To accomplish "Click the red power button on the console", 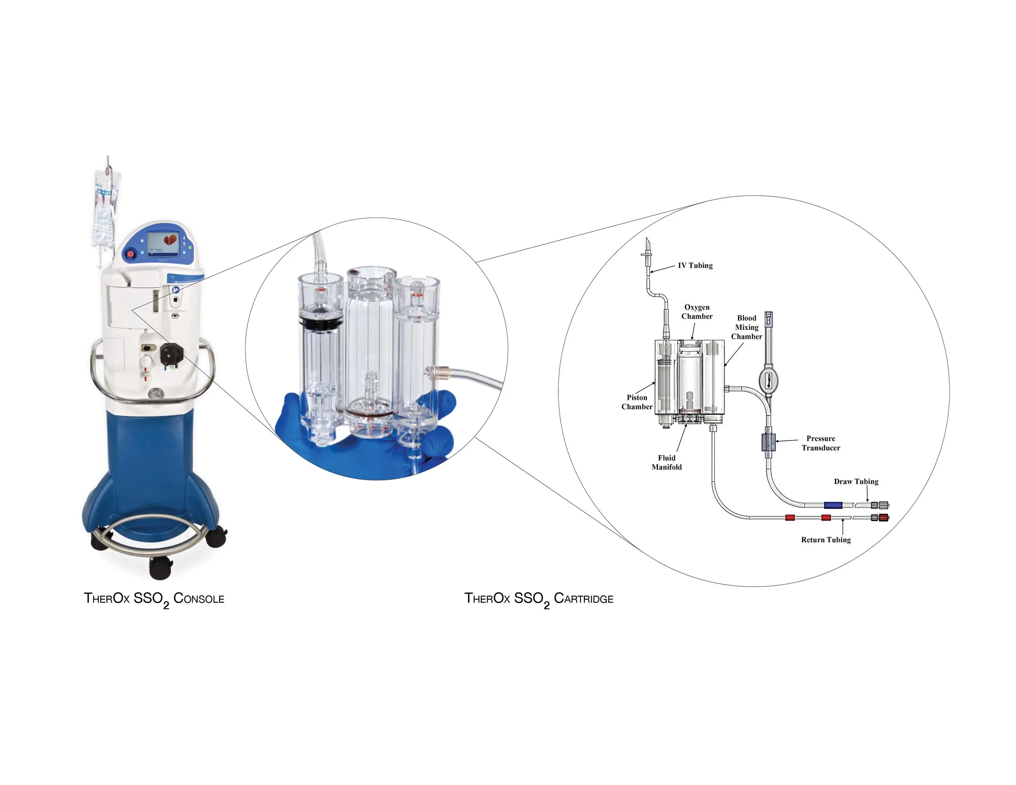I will tap(131, 254).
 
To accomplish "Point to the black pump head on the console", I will tap(170, 355).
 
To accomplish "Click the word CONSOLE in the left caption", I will tap(199, 599).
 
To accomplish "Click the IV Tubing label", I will tap(695, 266).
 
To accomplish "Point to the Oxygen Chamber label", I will tap(697, 312).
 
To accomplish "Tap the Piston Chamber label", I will tap(637, 402).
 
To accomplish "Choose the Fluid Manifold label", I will tap(666, 462).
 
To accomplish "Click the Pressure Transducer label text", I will tap(821, 443).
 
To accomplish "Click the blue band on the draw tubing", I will tap(833, 505).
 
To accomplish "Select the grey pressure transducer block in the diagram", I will tap(768, 442).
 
